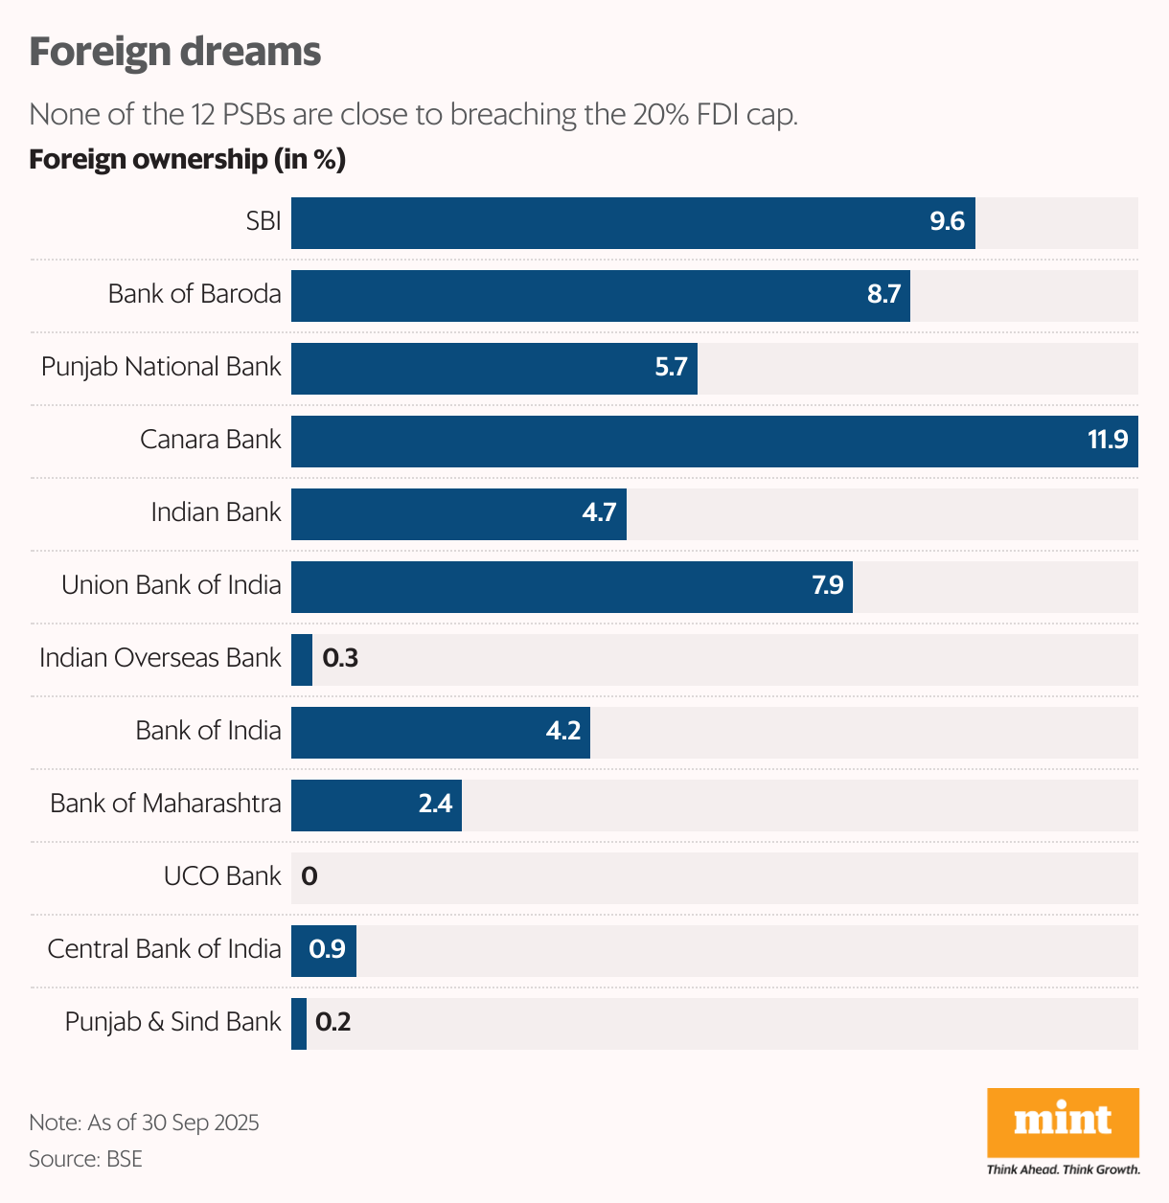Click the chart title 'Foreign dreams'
coord(174,52)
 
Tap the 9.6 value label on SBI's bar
coord(947,222)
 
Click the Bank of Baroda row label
coord(195,294)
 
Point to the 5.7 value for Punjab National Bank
coord(671,368)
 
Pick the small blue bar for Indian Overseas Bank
coord(302,659)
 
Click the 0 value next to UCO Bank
coord(309,876)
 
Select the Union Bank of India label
coord(172,585)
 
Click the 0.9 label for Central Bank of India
coord(327,949)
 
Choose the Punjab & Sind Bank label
coord(173,1022)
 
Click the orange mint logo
coord(1063,1122)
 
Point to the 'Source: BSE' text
coord(85,1159)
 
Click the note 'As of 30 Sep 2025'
coord(144,1123)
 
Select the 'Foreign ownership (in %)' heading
coord(187,159)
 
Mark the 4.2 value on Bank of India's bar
coord(563,732)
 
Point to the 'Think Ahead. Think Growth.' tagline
coord(1063,1169)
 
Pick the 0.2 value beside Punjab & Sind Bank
coord(333,1022)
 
